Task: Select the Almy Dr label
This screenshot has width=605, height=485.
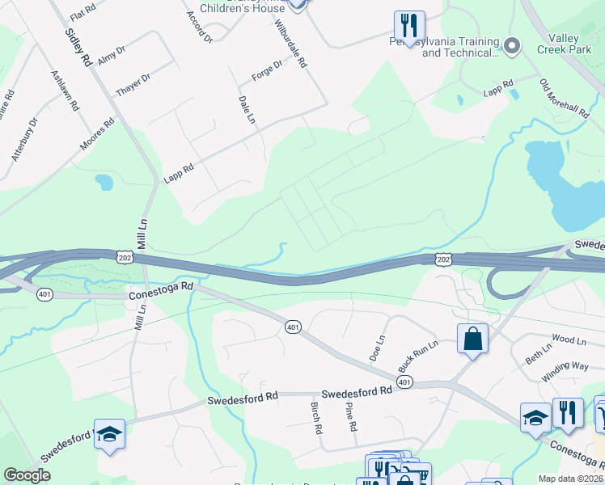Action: click(111, 56)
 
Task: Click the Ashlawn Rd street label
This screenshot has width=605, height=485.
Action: click(66, 89)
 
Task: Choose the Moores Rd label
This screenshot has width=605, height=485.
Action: click(98, 135)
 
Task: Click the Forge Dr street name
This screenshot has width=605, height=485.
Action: click(267, 70)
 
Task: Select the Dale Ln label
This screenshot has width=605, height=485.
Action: click(247, 109)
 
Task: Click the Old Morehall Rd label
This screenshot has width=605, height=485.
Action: click(564, 98)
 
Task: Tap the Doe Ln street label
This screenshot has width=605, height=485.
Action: click(375, 348)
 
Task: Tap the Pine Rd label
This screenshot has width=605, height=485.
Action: click(350, 417)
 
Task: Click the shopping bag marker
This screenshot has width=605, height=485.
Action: click(472, 339)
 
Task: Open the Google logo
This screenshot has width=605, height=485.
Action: click(27, 475)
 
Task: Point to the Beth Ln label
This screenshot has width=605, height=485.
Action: click(538, 352)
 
